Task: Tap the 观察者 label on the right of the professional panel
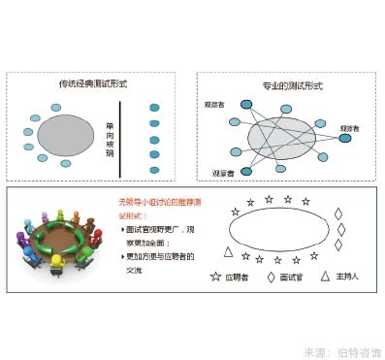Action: point(349,127)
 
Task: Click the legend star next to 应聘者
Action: point(215,277)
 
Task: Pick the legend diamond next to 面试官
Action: point(271,277)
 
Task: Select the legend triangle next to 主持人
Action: point(328,277)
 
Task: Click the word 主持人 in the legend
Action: point(348,277)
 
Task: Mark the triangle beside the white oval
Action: point(229,252)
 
